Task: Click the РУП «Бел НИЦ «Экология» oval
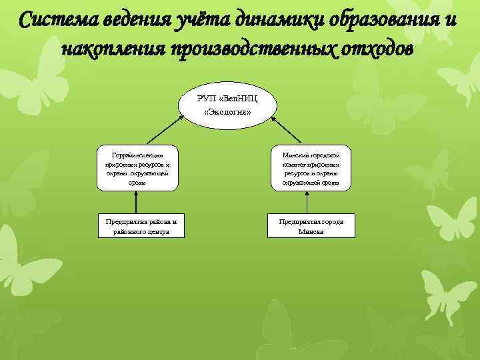click(x=227, y=105)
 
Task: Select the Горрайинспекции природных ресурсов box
click(x=137, y=168)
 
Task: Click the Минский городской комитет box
click(x=311, y=168)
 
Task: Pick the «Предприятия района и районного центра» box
click(x=137, y=225)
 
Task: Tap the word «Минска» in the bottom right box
click(x=311, y=232)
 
